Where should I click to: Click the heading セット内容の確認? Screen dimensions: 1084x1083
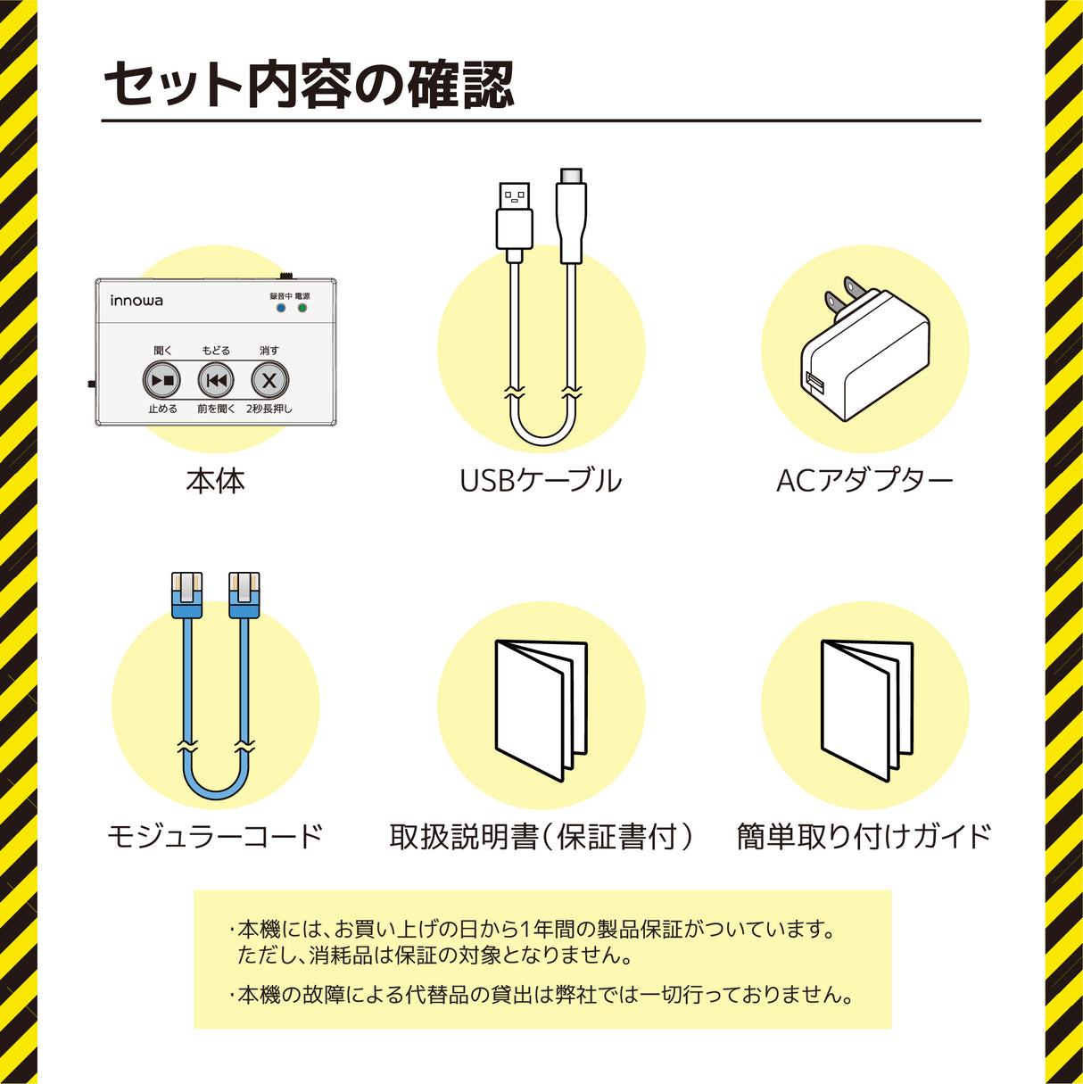pyautogui.click(x=310, y=86)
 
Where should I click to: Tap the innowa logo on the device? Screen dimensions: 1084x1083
pyautogui.click(x=136, y=301)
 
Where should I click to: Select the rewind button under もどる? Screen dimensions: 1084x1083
pyautogui.click(x=216, y=381)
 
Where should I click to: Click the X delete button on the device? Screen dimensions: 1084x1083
pyautogui.click(x=269, y=381)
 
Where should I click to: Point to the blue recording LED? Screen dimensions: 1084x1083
pyautogui.click(x=281, y=309)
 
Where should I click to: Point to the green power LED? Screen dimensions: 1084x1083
pyautogui.click(x=302, y=309)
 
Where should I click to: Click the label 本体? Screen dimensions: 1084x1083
pyautogui.click(x=215, y=482)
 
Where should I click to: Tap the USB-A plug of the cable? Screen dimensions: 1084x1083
pyautogui.click(x=514, y=218)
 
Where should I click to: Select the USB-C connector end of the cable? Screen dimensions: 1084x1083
pyautogui.click(x=572, y=214)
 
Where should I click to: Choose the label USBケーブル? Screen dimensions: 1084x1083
pyautogui.click(x=541, y=481)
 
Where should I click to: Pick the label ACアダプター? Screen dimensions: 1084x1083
pyautogui.click(x=864, y=481)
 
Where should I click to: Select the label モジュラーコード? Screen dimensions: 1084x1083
pyautogui.click(x=215, y=836)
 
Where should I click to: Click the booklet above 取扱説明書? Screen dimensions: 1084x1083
pyautogui.click(x=541, y=709)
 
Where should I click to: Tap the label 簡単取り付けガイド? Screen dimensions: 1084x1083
pyautogui.click(x=864, y=836)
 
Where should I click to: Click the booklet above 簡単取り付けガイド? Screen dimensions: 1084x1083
pyautogui.click(x=866, y=709)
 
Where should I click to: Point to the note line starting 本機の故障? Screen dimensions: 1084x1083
pyautogui.click(x=544, y=995)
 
